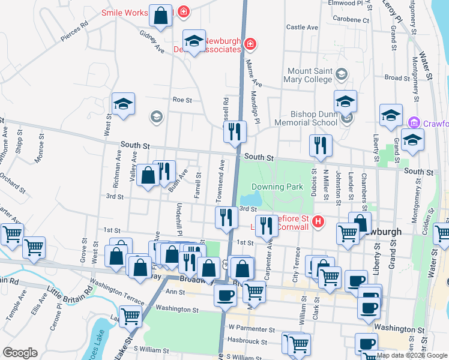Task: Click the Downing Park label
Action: tap(277, 187)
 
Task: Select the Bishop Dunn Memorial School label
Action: tap(305, 118)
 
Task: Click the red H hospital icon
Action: tap(319, 222)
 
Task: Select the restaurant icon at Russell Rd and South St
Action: tap(235, 132)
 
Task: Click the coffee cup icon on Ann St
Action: tap(226, 296)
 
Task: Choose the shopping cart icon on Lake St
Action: tap(130, 316)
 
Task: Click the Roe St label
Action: tap(182, 100)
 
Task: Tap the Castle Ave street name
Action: tap(302, 27)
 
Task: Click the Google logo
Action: tap(20, 353)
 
